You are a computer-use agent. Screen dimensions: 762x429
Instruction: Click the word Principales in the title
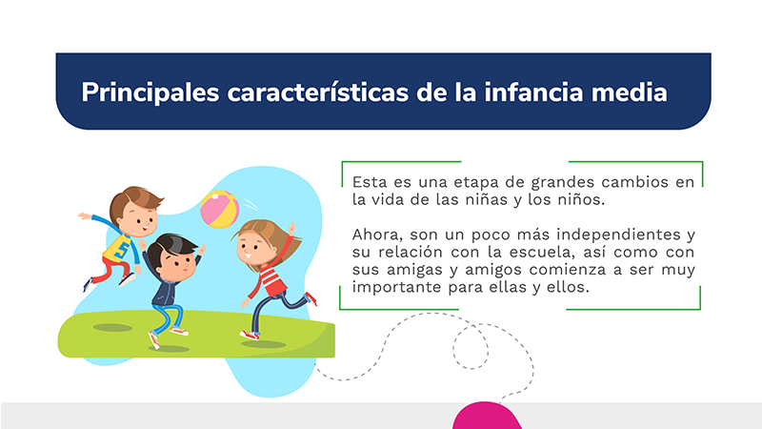pos(150,92)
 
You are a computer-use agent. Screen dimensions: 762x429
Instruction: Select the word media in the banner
pos(630,92)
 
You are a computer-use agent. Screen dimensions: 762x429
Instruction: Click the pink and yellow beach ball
pos(220,209)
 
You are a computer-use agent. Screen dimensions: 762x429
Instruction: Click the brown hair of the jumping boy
pos(134,199)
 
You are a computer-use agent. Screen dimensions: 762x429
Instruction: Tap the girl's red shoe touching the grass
pos(250,336)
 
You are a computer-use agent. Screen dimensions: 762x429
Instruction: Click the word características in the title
pos(318,92)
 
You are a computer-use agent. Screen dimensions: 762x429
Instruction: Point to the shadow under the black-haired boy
pos(169,349)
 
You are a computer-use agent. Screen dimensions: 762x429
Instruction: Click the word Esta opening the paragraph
pos(370,182)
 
